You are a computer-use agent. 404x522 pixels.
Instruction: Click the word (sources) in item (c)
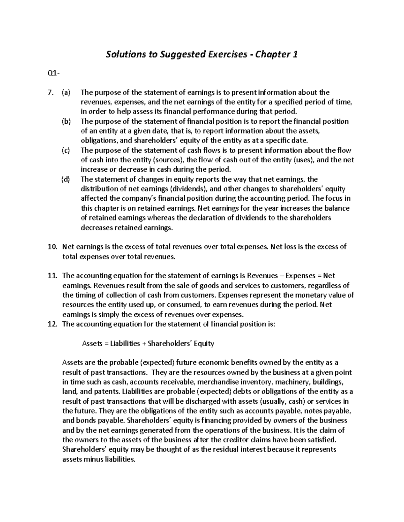(x=169, y=160)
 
